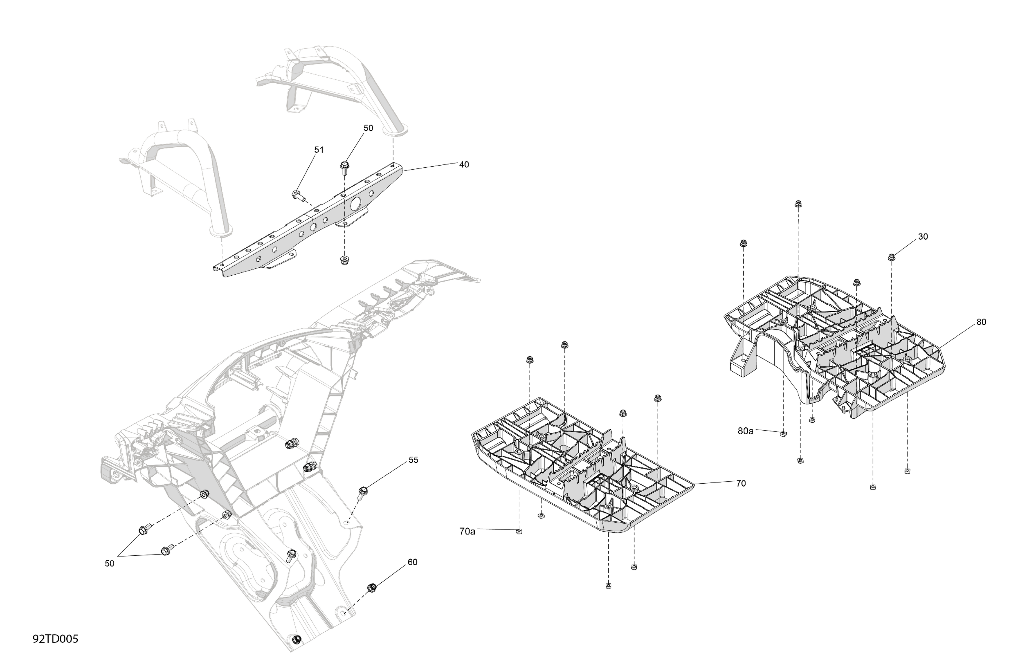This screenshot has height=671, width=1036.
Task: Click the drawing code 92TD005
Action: click(55, 639)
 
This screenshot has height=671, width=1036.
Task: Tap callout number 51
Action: click(319, 150)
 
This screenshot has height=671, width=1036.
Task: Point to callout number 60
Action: click(412, 562)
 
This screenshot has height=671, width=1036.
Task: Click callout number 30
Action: click(923, 237)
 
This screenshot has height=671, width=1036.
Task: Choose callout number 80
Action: click(981, 322)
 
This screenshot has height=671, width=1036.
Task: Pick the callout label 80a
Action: click(745, 431)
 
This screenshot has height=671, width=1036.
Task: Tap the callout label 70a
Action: click(467, 531)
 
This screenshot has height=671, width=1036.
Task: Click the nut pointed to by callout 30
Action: click(891, 257)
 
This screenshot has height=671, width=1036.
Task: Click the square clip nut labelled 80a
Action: click(783, 433)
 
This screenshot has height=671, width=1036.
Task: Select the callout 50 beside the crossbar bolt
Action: click(368, 128)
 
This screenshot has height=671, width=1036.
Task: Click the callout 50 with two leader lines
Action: click(109, 564)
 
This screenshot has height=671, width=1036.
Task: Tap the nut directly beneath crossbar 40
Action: click(344, 260)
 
